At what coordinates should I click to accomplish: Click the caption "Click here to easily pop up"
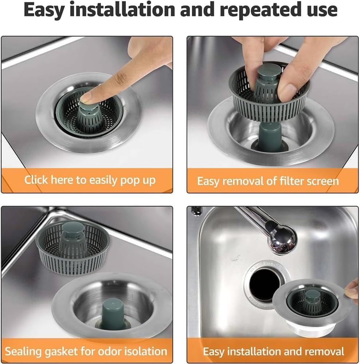[x=90, y=179]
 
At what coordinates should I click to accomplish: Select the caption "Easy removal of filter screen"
[x=268, y=181]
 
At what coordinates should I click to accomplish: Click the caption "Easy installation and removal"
[x=273, y=351]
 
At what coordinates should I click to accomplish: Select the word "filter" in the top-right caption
[x=280, y=181]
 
